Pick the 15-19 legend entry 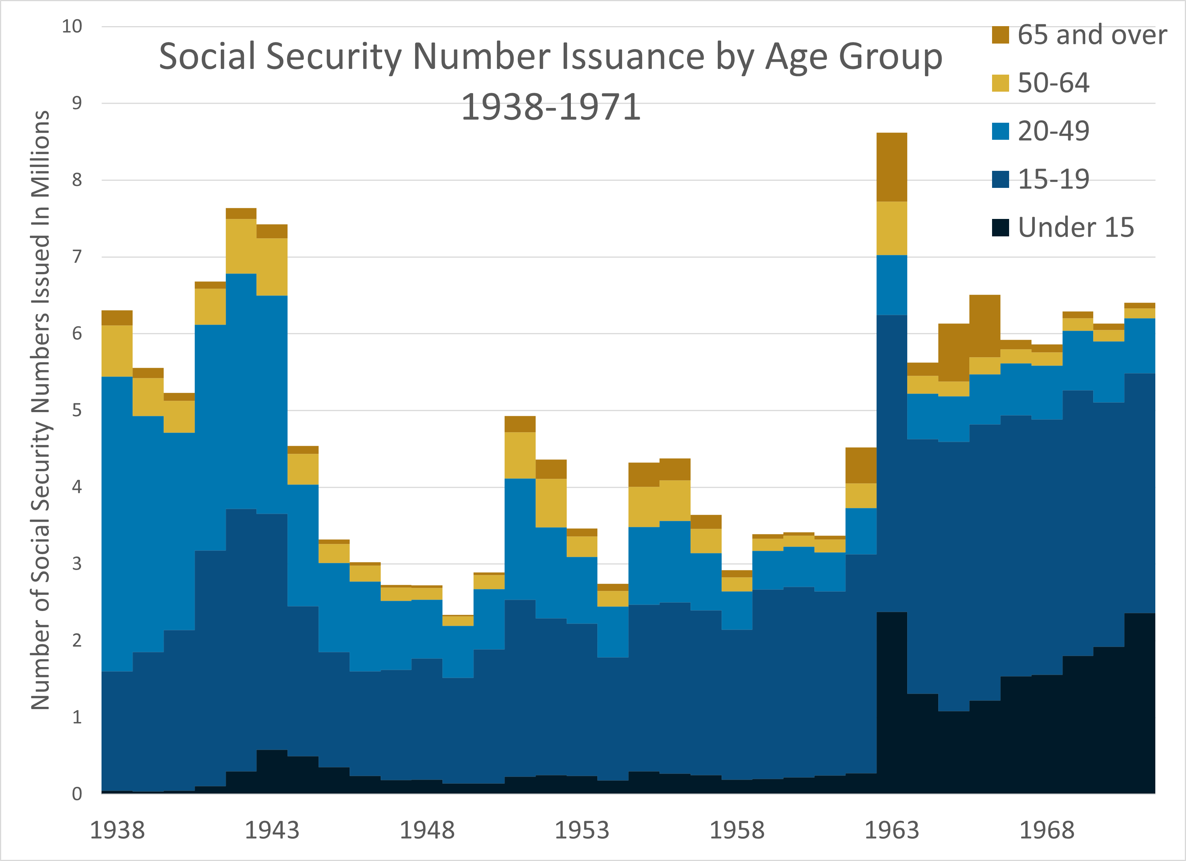coord(1053,180)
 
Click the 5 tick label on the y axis coord(77,410)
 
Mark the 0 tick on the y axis coord(77,794)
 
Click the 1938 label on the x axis coord(117,831)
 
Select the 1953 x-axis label coord(581,831)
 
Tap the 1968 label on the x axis coord(1046,831)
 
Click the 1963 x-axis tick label coord(892,831)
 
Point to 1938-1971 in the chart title coord(551,107)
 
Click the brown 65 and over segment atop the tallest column coord(892,167)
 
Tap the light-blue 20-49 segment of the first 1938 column coord(117,523)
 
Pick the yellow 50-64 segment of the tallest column coord(892,228)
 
